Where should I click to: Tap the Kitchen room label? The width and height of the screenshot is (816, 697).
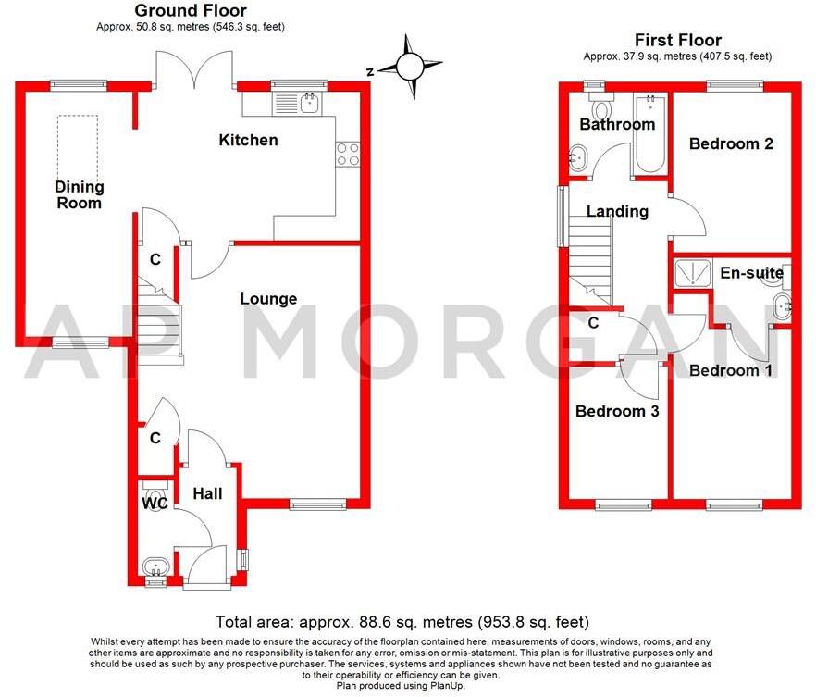click(x=248, y=141)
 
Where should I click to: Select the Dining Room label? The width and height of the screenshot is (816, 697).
click(x=79, y=195)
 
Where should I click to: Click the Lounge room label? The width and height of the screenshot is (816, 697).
click(x=268, y=299)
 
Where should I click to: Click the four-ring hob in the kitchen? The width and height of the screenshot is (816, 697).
click(x=348, y=154)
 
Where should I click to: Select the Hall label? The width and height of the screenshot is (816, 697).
click(x=207, y=494)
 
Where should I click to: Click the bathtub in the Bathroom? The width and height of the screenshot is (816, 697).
click(x=649, y=134)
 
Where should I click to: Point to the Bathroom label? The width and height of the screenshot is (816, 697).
click(x=617, y=125)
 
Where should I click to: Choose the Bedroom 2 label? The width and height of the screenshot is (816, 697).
click(x=731, y=144)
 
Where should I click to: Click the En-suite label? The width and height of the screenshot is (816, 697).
click(x=752, y=273)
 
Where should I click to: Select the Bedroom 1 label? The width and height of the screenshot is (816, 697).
click(x=723, y=370)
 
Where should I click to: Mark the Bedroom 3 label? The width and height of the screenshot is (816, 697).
click(x=617, y=411)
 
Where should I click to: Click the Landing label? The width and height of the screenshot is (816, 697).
click(x=617, y=211)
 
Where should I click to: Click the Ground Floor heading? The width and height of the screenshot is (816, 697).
click(x=191, y=11)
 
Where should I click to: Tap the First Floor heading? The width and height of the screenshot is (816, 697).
click(x=677, y=40)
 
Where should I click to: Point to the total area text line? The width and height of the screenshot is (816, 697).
click(x=402, y=622)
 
